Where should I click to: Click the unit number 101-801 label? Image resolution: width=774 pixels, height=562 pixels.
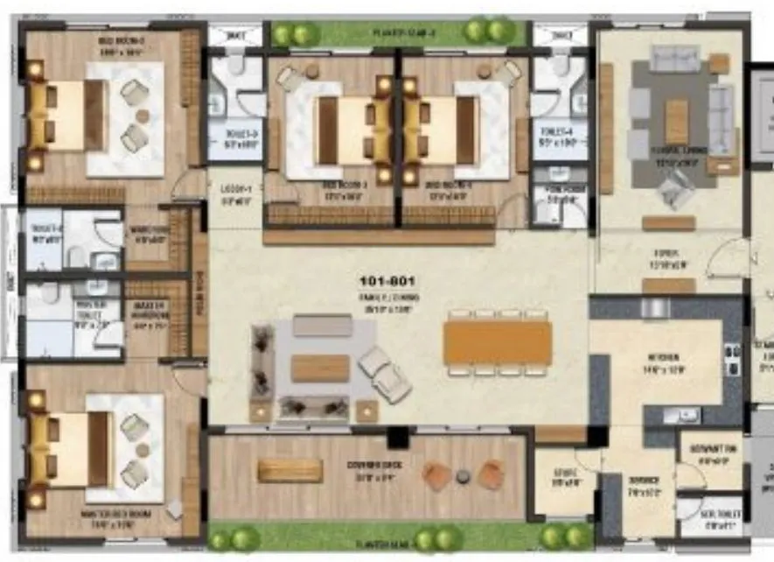(387, 282)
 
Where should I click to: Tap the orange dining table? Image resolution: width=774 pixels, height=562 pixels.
(497, 342)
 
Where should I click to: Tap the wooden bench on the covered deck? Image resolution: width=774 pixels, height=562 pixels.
(290, 471)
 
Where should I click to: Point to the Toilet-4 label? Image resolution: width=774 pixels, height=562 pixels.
(559, 137)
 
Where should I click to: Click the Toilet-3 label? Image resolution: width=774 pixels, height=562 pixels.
(234, 137)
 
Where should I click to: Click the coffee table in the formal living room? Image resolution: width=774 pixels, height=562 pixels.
(676, 121)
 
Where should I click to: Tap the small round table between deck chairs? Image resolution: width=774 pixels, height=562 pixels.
(463, 475)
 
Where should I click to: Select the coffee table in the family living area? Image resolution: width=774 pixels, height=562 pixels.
(320, 368)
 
